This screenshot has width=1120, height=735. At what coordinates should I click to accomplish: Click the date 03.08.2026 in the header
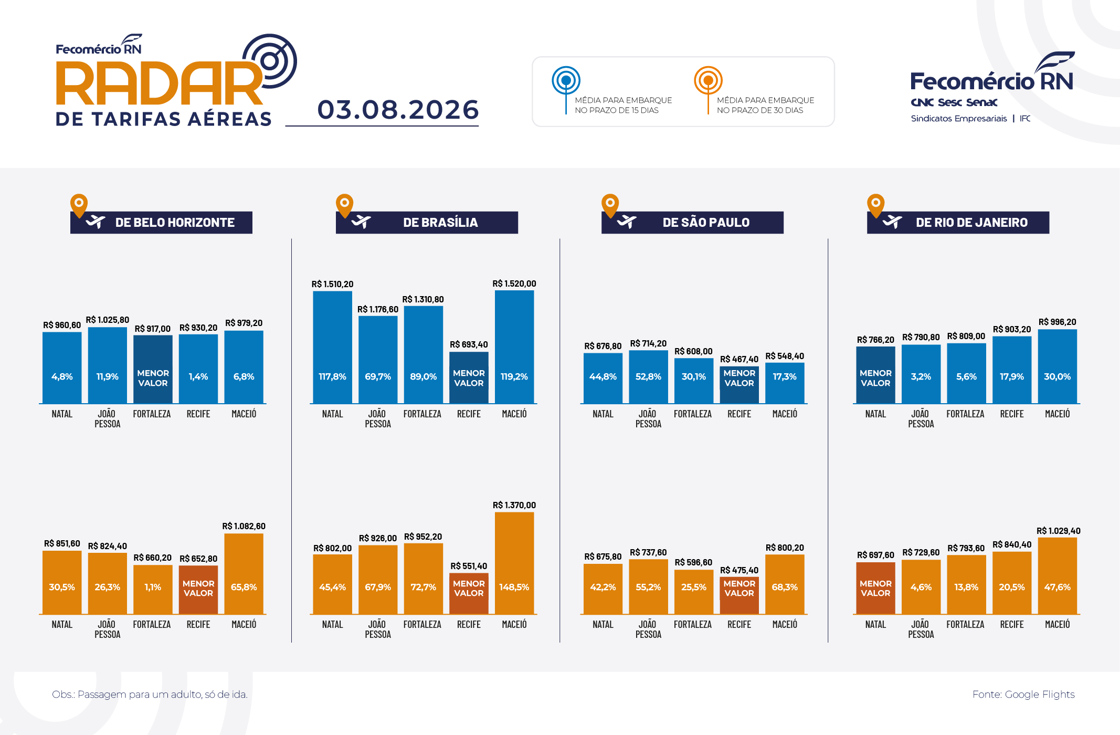coord(398,110)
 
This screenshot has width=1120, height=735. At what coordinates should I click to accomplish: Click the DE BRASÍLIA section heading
coord(440,223)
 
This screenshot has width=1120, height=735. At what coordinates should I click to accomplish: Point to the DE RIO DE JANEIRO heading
coord(971,223)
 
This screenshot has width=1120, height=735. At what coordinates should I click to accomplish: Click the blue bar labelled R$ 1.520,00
coord(514,347)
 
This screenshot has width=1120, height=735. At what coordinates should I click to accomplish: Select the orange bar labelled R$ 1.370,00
coord(514,563)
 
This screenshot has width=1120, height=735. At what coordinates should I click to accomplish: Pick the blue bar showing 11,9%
coord(108,365)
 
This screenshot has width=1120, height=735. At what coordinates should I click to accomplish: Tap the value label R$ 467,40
coord(739,359)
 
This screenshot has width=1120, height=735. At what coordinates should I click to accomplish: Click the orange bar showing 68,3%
coord(785,584)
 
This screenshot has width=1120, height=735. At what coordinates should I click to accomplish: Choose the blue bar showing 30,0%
coord(1057,366)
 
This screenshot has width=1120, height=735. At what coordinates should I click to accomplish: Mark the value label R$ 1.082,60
coord(244,526)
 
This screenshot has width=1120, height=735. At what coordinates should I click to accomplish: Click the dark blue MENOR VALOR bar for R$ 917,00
coord(153,370)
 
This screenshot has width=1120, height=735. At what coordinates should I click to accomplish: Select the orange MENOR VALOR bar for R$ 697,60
coord(875,589)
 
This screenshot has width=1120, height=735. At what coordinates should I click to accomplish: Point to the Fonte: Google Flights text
coord(1023,695)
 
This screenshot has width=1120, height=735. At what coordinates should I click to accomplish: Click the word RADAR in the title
coord(159,84)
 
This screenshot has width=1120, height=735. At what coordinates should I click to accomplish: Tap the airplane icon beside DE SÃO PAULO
coord(627,222)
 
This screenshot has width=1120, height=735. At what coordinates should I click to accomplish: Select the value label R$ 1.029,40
coord(1058,531)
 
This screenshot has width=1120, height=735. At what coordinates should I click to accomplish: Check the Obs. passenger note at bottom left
coord(150,695)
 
